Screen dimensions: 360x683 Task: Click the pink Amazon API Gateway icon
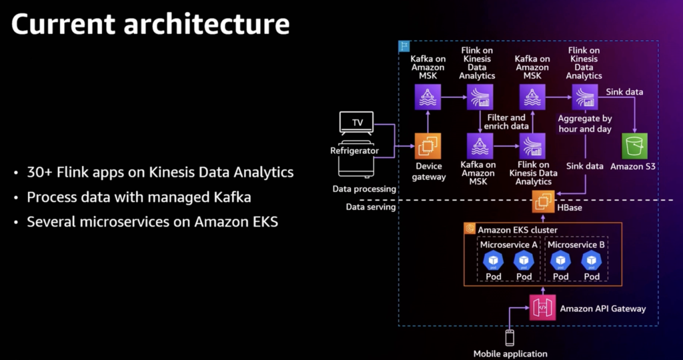pyautogui.click(x=542, y=307)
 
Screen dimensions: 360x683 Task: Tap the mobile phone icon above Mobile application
pyautogui.click(x=510, y=337)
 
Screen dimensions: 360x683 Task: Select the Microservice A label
pyautogui.click(x=509, y=244)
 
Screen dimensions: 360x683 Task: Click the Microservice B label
pyautogui.click(x=576, y=244)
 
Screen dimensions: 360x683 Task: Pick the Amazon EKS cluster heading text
pyautogui.click(x=518, y=230)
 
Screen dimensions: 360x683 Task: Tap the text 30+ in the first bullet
pyautogui.click(x=41, y=172)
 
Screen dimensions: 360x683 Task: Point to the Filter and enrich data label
pyautogui.click(x=507, y=121)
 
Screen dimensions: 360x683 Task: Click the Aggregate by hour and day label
pyautogui.click(x=584, y=123)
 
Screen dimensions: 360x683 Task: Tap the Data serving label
pyautogui.click(x=372, y=207)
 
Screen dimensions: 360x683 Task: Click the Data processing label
pyautogui.click(x=364, y=189)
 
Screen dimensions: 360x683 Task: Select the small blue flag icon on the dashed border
pyautogui.click(x=403, y=46)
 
